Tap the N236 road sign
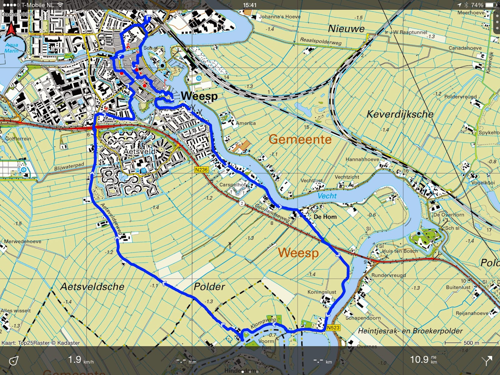201,170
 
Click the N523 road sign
333,327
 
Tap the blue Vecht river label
327,196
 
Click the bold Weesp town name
199,96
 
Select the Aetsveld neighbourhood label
139,151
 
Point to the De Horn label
325,217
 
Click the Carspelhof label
233,184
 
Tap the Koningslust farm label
322,292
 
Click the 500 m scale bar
471,343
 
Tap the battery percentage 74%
477,5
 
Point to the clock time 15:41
250,5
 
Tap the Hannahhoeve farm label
362,159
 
